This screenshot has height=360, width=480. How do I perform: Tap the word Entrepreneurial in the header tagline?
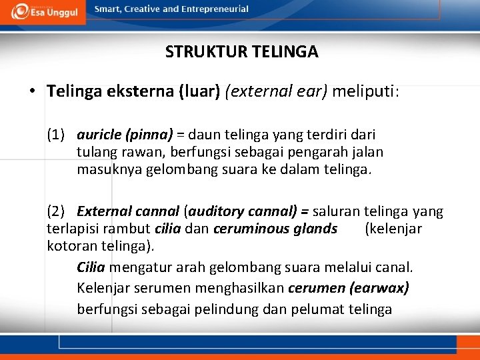pyautogui.click(x=213, y=9)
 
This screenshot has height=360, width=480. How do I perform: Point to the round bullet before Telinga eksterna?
pyautogui.click(x=32, y=91)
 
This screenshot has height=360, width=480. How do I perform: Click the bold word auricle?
pyautogui.click(x=98, y=135)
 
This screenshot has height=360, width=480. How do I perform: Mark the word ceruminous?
pyautogui.click(x=252, y=229)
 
